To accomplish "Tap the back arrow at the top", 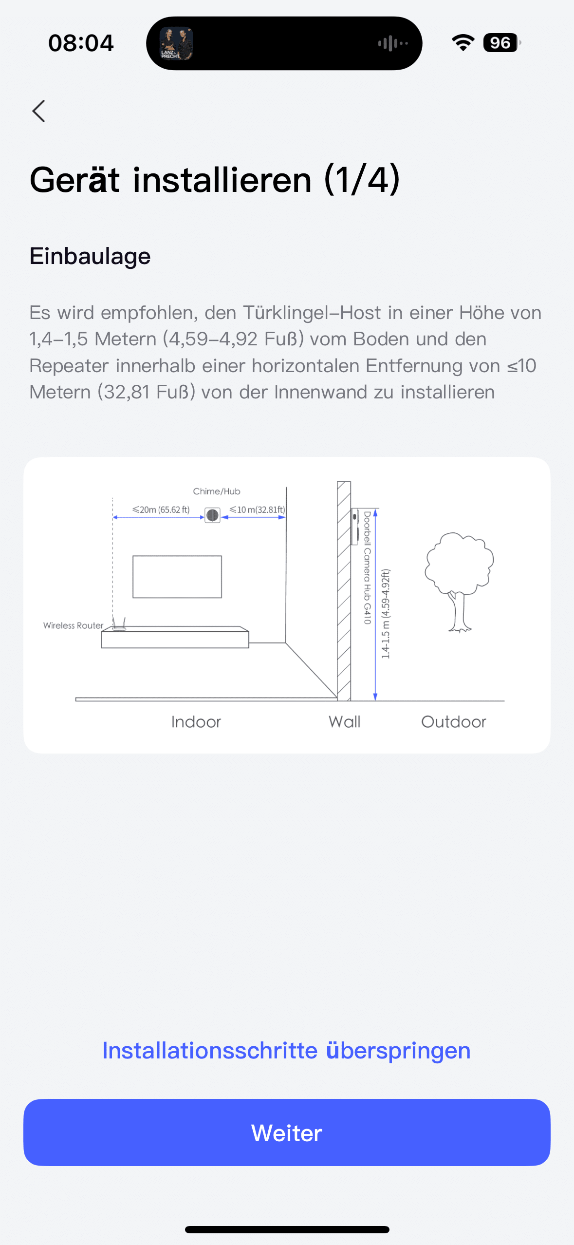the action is pyautogui.click(x=38, y=111).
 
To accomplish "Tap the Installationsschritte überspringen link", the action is pyautogui.click(x=286, y=1051).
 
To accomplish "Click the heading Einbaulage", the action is pyautogui.click(x=90, y=256).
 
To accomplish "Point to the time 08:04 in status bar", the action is pyautogui.click(x=81, y=43).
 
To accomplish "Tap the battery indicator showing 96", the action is pyautogui.click(x=502, y=43).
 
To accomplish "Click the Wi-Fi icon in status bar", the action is pyautogui.click(x=463, y=43).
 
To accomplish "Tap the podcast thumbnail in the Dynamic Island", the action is pyautogui.click(x=176, y=43).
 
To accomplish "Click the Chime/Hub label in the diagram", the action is pyautogui.click(x=217, y=491).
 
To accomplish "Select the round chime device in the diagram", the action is pyautogui.click(x=212, y=515).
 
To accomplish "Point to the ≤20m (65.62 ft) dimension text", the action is pyautogui.click(x=161, y=509).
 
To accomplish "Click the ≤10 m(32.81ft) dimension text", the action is pyautogui.click(x=258, y=509).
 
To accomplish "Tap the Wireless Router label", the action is pyautogui.click(x=73, y=625).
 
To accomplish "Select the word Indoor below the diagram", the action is pyautogui.click(x=196, y=722).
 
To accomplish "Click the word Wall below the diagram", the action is pyautogui.click(x=345, y=722).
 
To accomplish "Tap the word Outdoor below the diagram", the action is pyautogui.click(x=454, y=722).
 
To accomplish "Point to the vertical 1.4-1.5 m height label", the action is pyautogui.click(x=386, y=614).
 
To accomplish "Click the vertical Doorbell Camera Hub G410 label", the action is pyautogui.click(x=368, y=567).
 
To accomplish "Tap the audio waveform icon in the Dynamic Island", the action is pyautogui.click(x=393, y=43).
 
